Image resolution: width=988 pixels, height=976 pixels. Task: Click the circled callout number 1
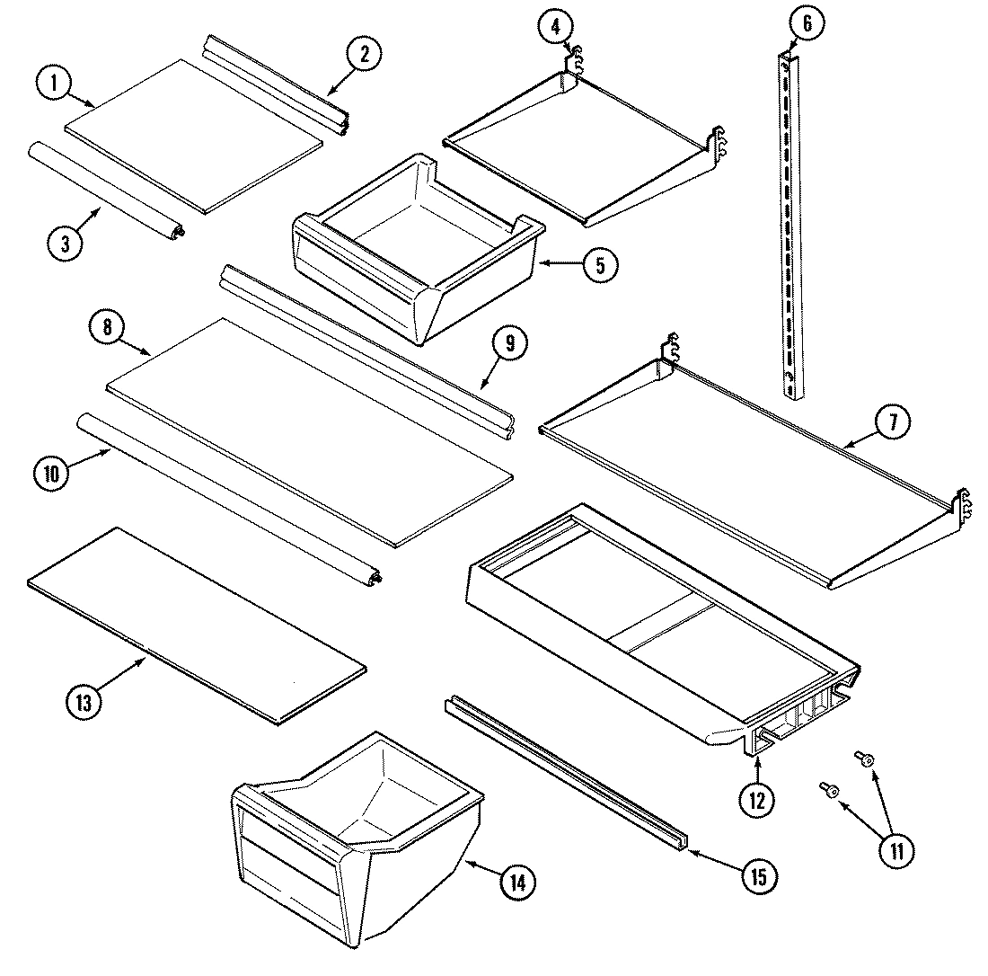point(55,84)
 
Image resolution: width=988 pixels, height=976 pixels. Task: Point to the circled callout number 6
point(806,24)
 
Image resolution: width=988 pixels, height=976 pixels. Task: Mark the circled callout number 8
point(107,327)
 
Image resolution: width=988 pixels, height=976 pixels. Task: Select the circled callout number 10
point(50,474)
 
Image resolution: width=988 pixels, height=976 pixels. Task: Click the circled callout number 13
point(84,704)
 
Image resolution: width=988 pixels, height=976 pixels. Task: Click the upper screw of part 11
point(865,759)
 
